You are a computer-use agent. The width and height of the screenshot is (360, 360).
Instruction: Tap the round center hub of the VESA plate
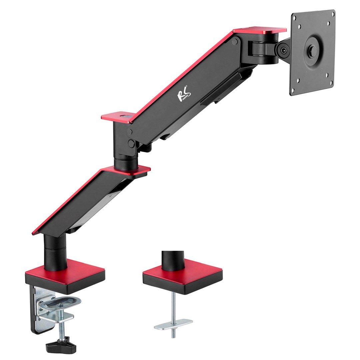click(313, 51)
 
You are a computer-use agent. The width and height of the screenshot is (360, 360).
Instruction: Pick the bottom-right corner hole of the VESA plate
click(331, 83)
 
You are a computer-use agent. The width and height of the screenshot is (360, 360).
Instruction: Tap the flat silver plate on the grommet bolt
click(173, 324)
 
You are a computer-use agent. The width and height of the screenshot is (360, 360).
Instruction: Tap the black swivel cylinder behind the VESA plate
click(263, 50)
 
